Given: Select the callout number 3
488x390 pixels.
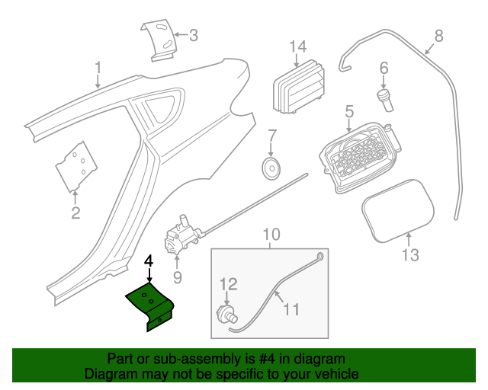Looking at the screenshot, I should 193,34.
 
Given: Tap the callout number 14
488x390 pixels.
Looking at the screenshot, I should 297,46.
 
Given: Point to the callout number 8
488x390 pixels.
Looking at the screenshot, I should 438,35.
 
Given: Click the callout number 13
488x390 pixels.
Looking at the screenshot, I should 410,254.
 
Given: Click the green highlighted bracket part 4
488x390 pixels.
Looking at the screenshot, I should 152,305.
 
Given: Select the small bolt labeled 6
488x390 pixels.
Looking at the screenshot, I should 384,98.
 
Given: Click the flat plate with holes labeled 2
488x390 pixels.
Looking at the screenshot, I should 76,164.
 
